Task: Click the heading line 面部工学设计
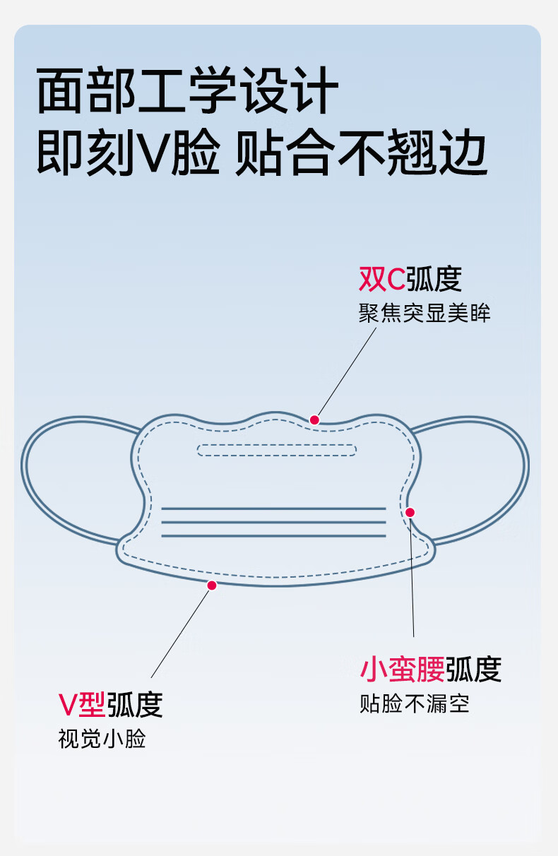187,90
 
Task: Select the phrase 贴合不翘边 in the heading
361,152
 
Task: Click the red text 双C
381,280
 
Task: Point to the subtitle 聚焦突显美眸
425,314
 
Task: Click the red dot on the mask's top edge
314,420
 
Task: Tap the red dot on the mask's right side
410,513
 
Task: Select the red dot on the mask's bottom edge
212,585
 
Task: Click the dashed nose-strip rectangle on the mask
277,444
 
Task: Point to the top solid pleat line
273,509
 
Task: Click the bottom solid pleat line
273,536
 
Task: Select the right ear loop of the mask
528,468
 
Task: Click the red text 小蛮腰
403,669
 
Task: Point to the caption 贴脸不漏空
415,703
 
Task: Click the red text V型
82,704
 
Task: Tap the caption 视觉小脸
102,739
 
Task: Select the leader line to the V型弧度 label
180,634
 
